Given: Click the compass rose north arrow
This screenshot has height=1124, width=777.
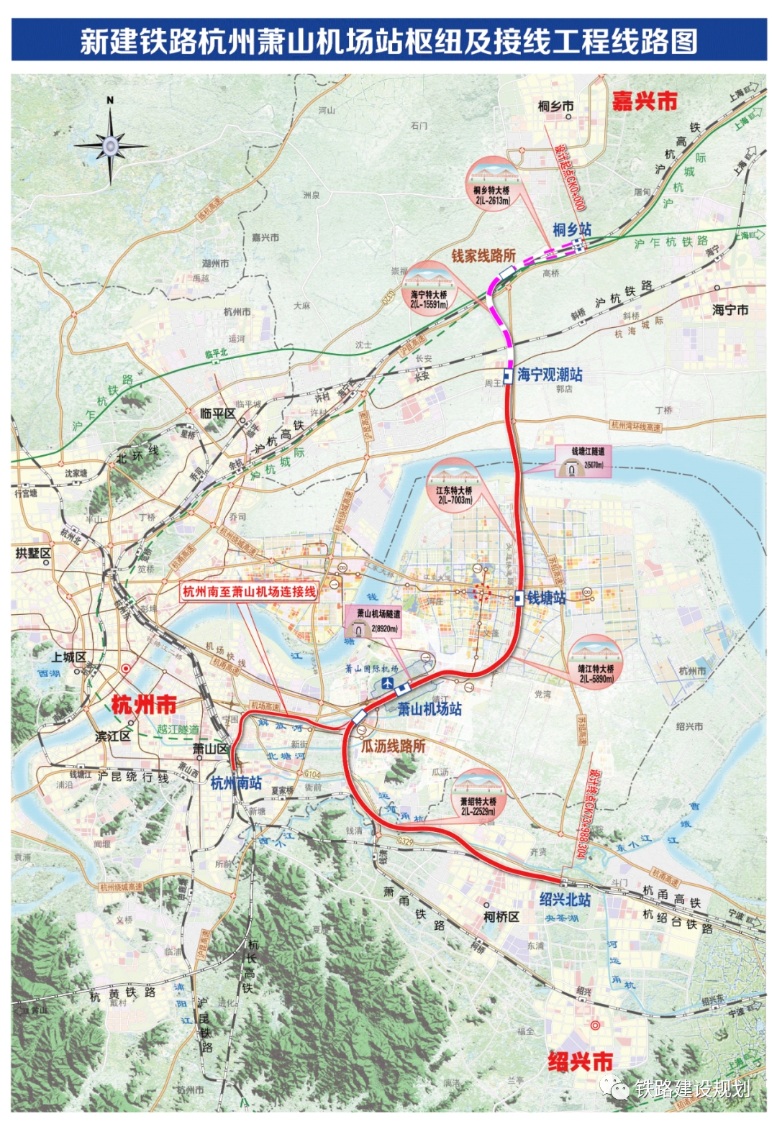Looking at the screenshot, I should point(110,145).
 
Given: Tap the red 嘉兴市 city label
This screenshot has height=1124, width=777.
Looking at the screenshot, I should point(644,101).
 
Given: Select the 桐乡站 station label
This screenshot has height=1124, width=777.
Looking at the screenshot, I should point(571,229).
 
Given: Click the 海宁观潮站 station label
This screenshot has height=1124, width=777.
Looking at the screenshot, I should point(550,375).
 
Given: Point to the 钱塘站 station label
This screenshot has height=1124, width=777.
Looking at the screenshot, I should point(546,598).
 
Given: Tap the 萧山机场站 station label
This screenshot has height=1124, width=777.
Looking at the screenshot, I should point(430,709).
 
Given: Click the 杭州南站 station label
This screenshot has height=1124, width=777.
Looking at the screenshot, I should point(236,783).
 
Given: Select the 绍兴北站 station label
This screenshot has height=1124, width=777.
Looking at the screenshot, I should point(565,900).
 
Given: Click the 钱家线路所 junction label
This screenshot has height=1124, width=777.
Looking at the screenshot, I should point(483,255).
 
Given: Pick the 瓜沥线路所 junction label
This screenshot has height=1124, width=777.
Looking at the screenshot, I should point(393,746).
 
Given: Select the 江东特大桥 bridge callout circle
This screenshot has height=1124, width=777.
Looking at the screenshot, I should point(454,486).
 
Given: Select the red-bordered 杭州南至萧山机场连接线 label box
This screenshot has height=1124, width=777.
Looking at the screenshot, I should point(249,592).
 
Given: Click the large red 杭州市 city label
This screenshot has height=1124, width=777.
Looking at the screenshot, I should point(144,705).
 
